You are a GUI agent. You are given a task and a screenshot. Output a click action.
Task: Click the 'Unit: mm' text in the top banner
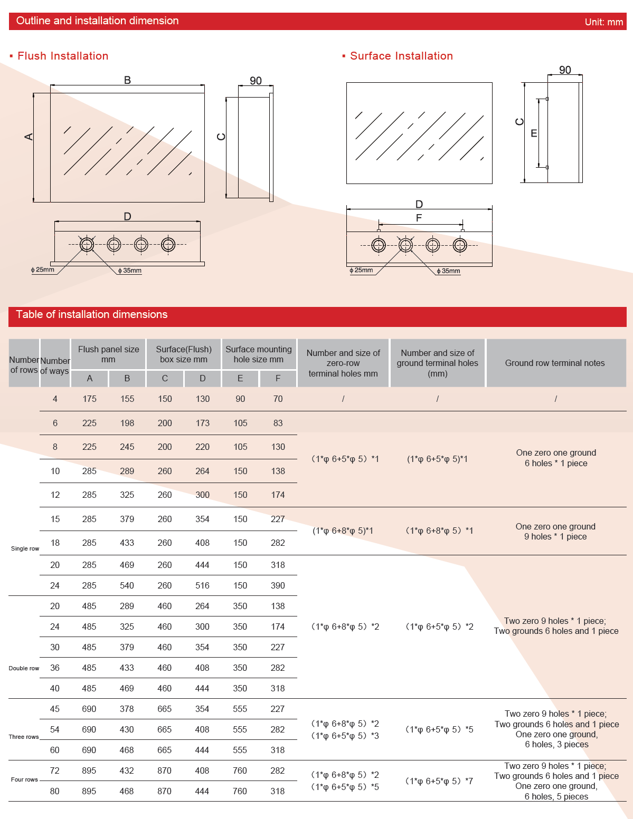point(603,22)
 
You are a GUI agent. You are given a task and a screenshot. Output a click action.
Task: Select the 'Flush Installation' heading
point(63,56)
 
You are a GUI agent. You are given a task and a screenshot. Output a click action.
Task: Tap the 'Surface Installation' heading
point(401,56)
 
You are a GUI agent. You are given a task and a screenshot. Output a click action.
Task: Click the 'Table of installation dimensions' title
point(92,314)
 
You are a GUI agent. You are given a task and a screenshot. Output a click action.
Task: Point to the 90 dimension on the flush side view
point(256,81)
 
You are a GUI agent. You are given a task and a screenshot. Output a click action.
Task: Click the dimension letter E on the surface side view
point(534,133)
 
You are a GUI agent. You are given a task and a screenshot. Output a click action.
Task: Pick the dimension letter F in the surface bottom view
point(419,218)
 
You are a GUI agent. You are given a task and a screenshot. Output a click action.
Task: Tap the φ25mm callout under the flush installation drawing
point(44,269)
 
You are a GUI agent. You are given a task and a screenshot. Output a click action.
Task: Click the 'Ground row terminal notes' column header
point(555,363)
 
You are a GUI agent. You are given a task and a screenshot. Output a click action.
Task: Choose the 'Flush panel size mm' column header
point(108,354)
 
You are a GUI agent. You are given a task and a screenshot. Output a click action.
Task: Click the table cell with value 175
point(89,399)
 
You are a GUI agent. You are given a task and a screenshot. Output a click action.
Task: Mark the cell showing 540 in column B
point(127,585)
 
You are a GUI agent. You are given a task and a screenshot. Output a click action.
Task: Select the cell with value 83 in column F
point(278,423)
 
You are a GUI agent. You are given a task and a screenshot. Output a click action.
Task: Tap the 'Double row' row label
point(24,668)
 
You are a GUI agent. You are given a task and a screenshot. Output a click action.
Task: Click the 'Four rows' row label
point(24,779)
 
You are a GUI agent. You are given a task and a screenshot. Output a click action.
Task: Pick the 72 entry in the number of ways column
point(55,770)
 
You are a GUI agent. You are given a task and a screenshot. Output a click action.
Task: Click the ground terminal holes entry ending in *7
point(439,781)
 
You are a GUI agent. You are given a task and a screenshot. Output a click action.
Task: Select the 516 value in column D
point(202,585)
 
